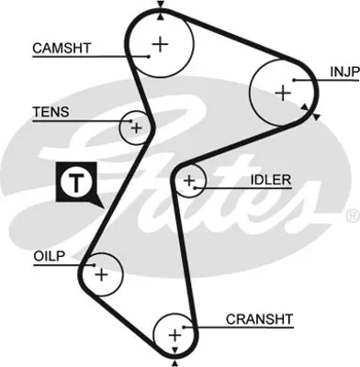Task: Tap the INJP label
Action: coord(343,71)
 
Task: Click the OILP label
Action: coord(48,257)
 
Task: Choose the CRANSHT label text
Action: coord(259,318)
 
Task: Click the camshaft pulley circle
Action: coord(161,42)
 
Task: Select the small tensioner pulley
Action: coord(136,128)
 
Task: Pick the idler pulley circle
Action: coord(189,182)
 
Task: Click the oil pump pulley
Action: coord(100,273)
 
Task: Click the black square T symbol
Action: coord(73,183)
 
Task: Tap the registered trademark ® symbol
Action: coord(352,217)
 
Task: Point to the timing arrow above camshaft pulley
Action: coord(161,6)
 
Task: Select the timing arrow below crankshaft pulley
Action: coord(174,361)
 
